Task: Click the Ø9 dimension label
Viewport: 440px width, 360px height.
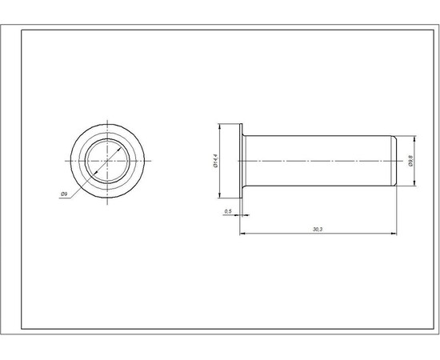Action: click(x=63, y=194)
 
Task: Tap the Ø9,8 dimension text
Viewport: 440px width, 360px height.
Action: click(x=410, y=161)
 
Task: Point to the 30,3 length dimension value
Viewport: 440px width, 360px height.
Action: click(x=318, y=230)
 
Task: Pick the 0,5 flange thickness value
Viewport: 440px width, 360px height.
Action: click(x=228, y=210)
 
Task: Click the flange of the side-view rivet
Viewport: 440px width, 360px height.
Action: click(x=241, y=161)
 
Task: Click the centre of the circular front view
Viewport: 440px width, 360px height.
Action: click(x=107, y=161)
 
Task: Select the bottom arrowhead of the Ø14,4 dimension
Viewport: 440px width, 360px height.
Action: click(x=220, y=194)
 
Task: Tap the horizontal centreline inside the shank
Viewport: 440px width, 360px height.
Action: click(x=320, y=161)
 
